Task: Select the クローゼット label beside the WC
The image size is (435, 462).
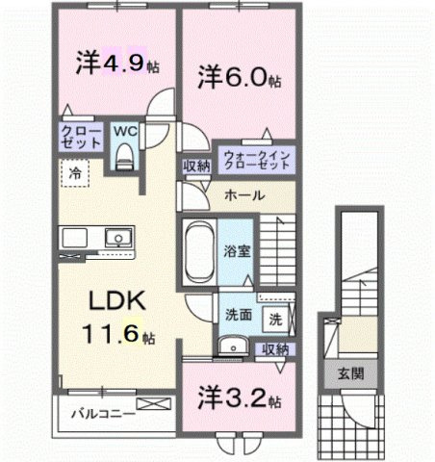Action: click(82, 137)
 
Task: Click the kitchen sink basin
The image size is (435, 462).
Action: click(118, 237)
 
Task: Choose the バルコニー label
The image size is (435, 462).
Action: click(108, 420)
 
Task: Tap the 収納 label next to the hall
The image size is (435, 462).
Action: click(196, 166)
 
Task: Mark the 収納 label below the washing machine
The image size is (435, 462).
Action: click(276, 348)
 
